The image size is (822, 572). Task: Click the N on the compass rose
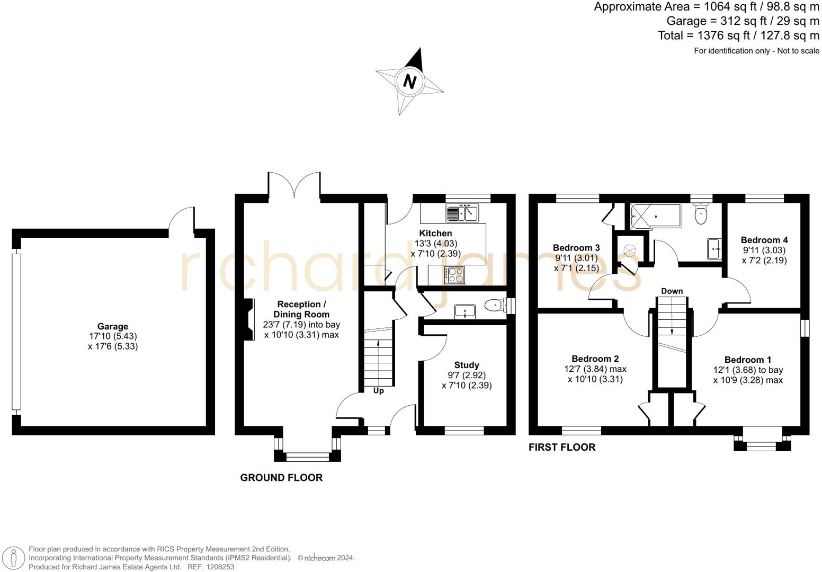409,81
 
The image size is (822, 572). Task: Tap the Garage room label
113,326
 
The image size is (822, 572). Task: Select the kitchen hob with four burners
454,275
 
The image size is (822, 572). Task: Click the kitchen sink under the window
462,213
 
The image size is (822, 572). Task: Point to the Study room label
467,365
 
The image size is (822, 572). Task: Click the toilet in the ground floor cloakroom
495,305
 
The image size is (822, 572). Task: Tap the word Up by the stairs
378,391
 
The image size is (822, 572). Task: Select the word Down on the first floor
672,291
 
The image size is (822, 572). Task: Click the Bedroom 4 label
764,240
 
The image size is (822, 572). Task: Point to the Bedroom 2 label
595,359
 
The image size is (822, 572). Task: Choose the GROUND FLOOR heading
281,477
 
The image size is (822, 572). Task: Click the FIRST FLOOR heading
562,447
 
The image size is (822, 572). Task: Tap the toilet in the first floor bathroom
701,214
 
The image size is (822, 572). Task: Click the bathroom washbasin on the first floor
714,249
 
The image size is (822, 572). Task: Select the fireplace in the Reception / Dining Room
249,319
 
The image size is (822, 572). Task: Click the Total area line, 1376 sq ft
738,35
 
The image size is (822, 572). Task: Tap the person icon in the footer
14,558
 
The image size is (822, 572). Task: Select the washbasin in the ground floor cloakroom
465,311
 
